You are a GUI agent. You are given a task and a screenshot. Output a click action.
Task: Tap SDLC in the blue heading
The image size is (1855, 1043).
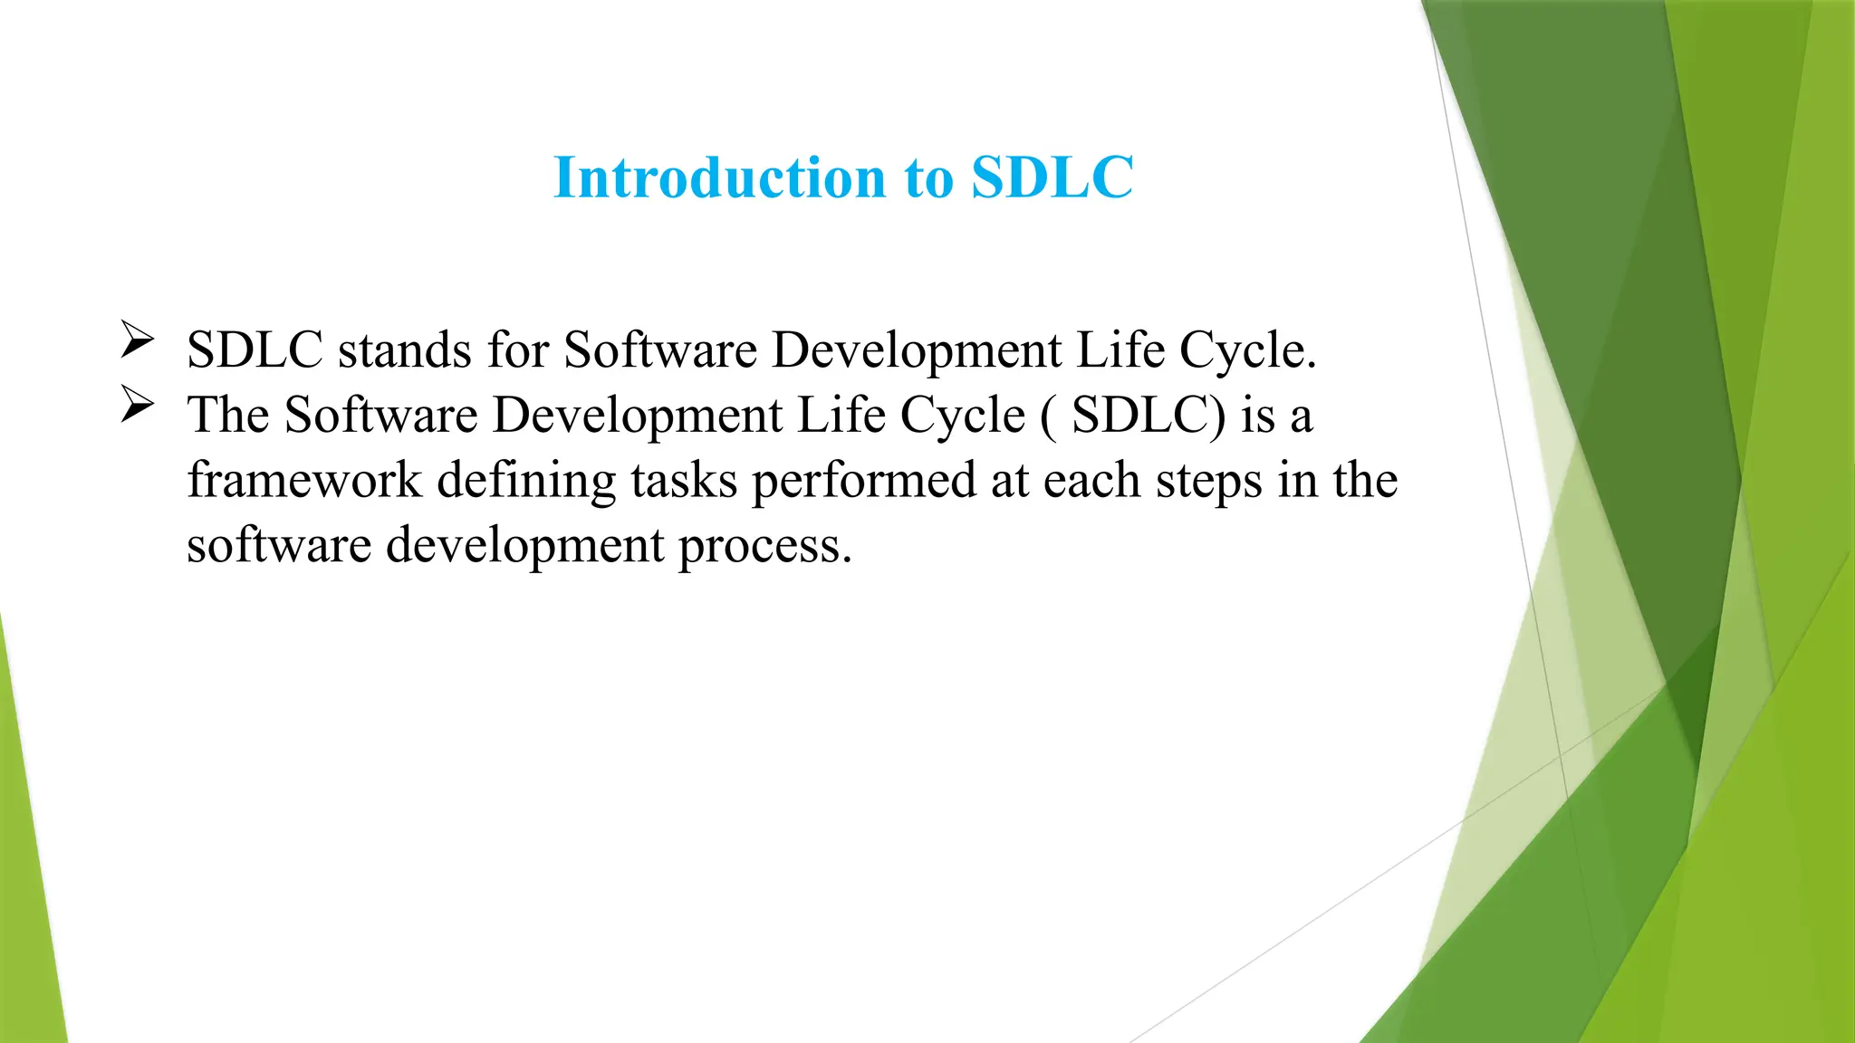1052,177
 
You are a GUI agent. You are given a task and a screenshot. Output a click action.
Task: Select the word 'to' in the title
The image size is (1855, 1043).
928,179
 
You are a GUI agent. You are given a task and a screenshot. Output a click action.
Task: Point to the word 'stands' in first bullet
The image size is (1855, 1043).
405,349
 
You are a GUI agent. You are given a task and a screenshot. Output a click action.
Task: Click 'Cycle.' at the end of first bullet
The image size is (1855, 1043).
1247,351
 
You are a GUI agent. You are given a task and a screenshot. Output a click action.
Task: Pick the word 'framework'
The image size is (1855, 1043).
304,480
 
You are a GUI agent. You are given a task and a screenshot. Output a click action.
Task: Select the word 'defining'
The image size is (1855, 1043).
526,482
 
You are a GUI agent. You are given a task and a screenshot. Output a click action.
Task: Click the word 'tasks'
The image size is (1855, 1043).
684,480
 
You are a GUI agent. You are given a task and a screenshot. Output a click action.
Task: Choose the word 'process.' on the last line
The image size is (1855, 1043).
765,547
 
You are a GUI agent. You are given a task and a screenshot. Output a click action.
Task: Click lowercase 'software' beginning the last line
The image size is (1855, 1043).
279,545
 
